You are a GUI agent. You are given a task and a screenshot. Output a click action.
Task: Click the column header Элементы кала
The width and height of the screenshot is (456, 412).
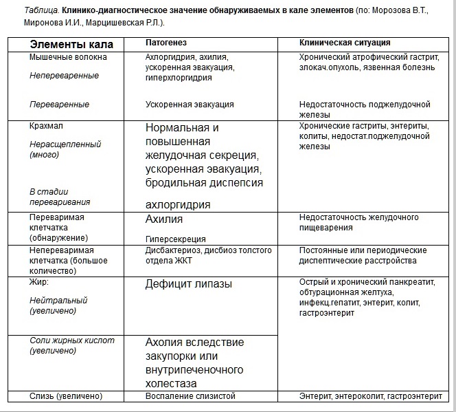[71, 45]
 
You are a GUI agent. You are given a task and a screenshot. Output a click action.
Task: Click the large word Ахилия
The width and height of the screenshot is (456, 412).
[164, 219]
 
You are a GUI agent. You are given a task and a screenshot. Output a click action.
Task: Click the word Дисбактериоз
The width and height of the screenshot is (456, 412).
[174, 251]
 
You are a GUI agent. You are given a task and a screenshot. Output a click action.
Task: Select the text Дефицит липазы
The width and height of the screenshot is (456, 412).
[188, 283]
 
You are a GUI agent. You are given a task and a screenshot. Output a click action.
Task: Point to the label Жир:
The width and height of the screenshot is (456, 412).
[39, 282]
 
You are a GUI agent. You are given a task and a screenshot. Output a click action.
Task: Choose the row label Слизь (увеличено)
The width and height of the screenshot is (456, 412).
[65, 396]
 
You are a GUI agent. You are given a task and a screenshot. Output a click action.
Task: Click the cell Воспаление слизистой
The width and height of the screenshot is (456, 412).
[190, 396]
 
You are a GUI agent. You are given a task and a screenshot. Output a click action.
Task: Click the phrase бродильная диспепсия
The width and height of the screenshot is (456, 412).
[204, 183]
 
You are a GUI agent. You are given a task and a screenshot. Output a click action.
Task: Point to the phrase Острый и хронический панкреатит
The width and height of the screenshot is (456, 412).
[358, 282]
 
